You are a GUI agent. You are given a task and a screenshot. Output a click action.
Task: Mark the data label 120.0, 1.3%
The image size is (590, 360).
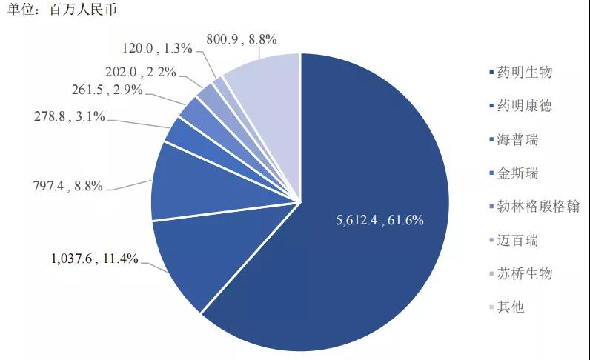tap(157, 49)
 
